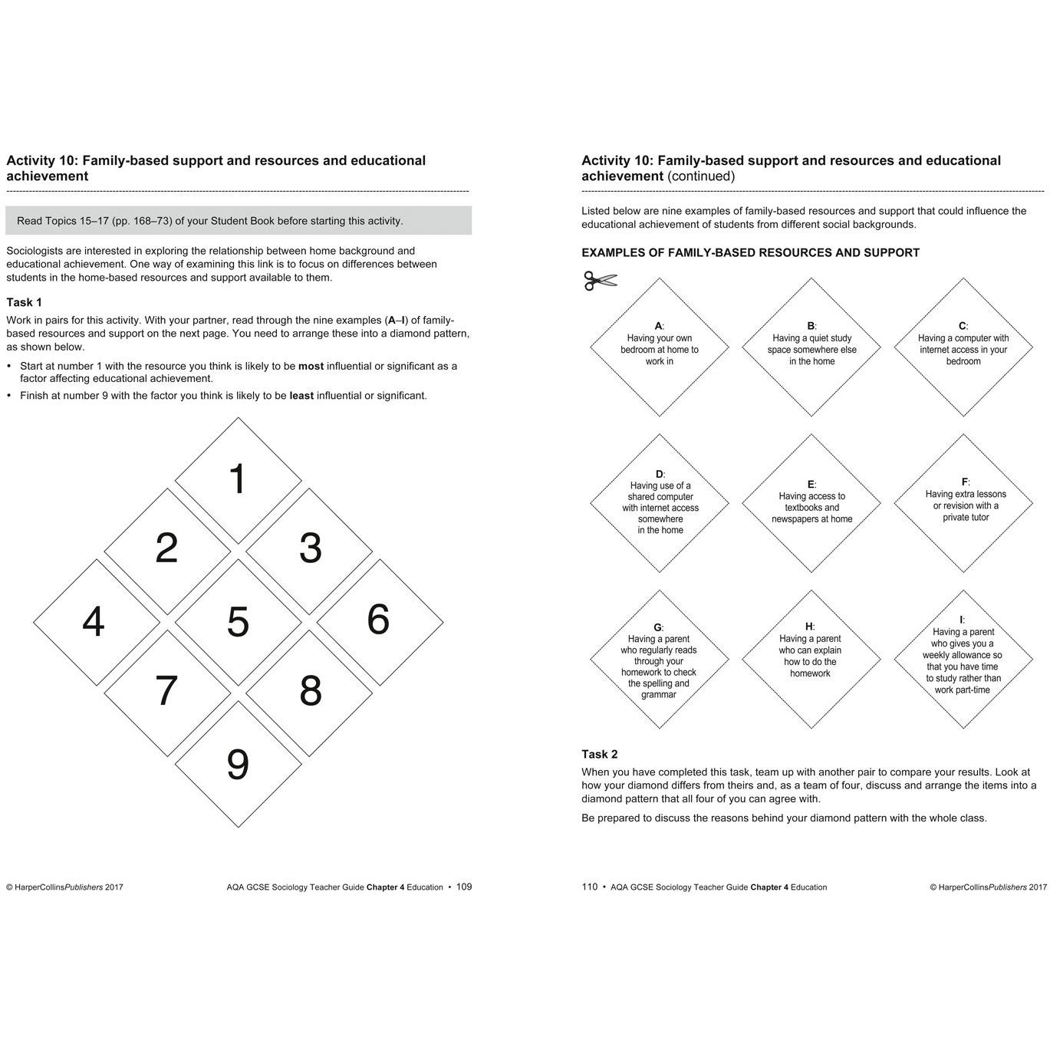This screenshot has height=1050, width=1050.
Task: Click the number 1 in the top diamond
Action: pos(238,479)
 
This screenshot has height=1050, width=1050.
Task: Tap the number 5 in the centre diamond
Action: pos(238,621)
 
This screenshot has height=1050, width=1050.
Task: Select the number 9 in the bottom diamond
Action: pos(238,765)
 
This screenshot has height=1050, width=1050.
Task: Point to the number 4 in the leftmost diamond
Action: pos(94,621)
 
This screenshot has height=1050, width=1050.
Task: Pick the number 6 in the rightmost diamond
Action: pos(378,619)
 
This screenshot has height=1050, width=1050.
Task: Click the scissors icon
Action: pos(600,281)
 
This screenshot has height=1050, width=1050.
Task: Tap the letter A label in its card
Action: pos(658,326)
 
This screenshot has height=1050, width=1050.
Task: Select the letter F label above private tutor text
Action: pos(964,482)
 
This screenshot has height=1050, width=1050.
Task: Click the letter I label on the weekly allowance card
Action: pos(961,620)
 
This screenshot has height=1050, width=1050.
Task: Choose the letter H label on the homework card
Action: pos(808,627)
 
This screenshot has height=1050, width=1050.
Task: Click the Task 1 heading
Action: pos(25,302)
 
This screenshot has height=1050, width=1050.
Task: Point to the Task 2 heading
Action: pos(600,754)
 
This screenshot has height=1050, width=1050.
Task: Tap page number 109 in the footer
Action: pos(464,887)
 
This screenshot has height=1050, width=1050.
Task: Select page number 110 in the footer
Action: pos(589,887)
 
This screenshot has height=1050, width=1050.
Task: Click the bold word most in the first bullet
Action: pos(311,366)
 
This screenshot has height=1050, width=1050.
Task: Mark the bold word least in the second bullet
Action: pos(301,396)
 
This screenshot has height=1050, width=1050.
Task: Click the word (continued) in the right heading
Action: pos(701,176)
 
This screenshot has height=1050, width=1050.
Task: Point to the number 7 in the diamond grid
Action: pos(166,690)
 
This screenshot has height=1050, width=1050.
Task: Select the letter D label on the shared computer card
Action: pos(659,474)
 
